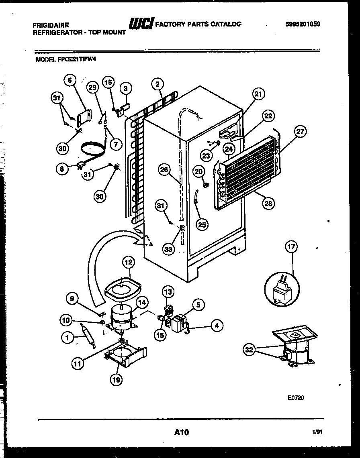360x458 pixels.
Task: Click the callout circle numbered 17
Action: coord(291,247)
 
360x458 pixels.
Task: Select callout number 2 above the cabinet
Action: coord(157,84)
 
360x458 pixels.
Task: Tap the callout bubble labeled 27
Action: coord(301,132)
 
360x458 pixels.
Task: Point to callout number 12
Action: coord(128,263)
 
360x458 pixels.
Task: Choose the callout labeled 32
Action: coord(250,350)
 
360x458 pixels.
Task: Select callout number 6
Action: coord(70,81)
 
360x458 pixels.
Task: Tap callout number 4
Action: coord(217,326)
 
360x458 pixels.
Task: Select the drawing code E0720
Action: coord(296,398)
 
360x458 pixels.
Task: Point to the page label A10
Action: coord(182,432)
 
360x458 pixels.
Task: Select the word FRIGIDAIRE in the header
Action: coord(50,25)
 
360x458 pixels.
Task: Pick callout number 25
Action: coord(202,224)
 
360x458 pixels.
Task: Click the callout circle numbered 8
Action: coord(62,169)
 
